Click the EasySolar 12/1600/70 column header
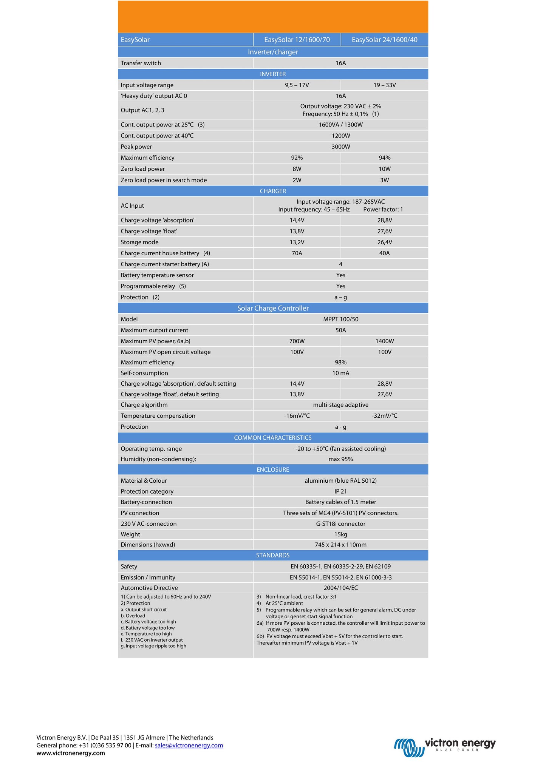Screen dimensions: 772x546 (x=297, y=40)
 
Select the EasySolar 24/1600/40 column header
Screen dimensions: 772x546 (x=384, y=40)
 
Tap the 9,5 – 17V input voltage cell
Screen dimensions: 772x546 (x=297, y=85)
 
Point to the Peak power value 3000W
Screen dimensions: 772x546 (x=340, y=147)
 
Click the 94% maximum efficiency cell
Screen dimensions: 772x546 (x=384, y=158)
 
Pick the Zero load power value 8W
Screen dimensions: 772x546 (x=297, y=169)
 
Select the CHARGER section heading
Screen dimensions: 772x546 (x=273, y=191)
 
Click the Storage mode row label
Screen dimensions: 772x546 (x=139, y=242)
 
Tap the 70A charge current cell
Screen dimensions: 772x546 (x=297, y=253)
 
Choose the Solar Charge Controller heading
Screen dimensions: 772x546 (x=273, y=308)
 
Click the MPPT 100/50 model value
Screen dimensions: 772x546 (x=340, y=319)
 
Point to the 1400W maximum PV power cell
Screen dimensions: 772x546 (x=384, y=341)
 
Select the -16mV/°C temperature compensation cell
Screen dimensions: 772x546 (x=297, y=416)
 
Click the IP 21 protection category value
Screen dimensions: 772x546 (x=340, y=491)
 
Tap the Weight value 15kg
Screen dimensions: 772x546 (x=340, y=534)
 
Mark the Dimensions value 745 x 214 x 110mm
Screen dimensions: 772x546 (x=340, y=545)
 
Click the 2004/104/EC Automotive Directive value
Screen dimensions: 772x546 (x=340, y=588)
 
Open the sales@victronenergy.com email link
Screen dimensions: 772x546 (x=189, y=745)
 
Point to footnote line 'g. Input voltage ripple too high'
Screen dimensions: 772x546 (x=153, y=646)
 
